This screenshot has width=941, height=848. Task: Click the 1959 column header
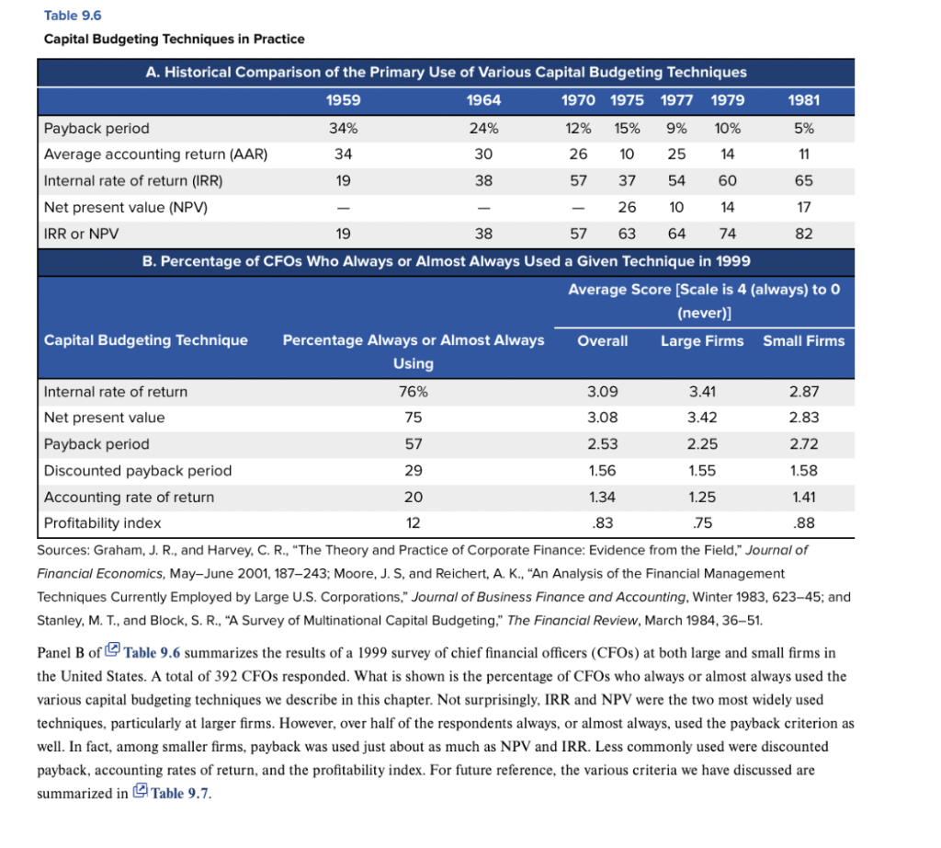click(x=344, y=100)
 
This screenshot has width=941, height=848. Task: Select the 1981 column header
click(x=803, y=100)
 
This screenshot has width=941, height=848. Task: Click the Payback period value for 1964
click(x=483, y=128)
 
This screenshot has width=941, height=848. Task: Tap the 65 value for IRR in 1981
click(x=803, y=181)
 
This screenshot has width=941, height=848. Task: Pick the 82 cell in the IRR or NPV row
click(x=803, y=234)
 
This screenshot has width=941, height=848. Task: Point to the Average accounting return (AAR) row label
click(x=155, y=155)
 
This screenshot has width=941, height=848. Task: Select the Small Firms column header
click(x=803, y=340)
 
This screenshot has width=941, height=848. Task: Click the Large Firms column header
click(x=702, y=340)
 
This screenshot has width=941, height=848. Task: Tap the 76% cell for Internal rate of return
click(x=413, y=392)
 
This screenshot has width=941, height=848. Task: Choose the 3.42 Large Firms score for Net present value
click(x=702, y=418)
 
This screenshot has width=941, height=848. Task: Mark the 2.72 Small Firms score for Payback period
click(x=803, y=444)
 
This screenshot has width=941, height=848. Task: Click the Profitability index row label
click(x=102, y=523)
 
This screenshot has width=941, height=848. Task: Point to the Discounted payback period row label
click(x=138, y=471)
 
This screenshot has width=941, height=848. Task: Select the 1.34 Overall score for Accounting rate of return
click(x=602, y=498)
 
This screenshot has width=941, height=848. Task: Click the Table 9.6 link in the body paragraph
click(x=152, y=653)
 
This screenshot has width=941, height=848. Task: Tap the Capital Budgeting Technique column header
click(x=146, y=340)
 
